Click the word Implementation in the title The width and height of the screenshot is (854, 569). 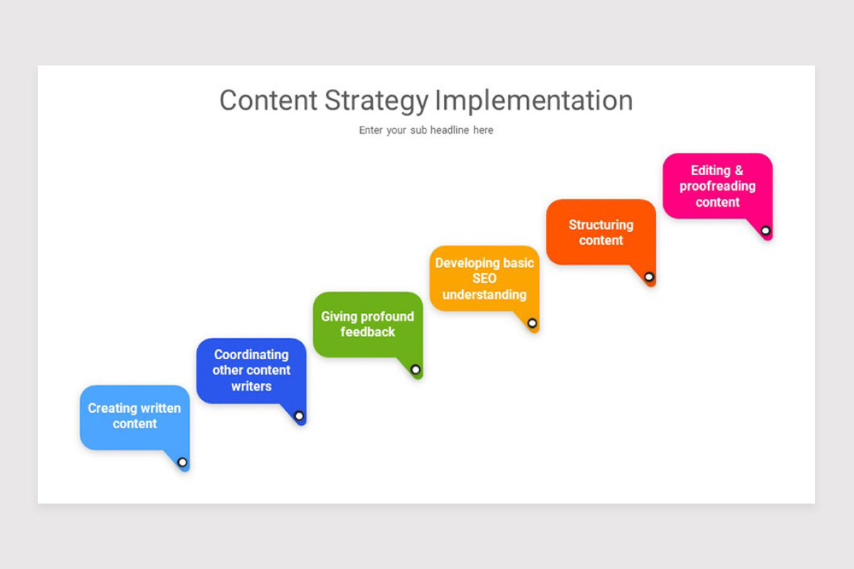[534, 101]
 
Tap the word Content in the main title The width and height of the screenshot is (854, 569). [269, 101]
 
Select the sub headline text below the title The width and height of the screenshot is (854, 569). [426, 130]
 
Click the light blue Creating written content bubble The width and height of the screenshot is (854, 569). [135, 417]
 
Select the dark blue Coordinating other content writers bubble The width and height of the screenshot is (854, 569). [251, 371]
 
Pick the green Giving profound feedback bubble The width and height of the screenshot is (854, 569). [367, 324]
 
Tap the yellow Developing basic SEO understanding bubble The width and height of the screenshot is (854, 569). [484, 278]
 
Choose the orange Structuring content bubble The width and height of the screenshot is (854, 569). [601, 232]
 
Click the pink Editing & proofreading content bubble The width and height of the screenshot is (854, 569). [717, 186]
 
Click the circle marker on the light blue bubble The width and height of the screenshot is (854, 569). [182, 462]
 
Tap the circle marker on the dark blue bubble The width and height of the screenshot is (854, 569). [299, 415]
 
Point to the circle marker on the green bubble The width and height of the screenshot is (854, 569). [416, 370]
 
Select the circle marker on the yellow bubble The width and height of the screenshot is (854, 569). [532, 323]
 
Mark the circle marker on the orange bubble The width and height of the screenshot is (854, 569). [649, 277]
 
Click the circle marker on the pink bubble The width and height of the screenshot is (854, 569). [766, 230]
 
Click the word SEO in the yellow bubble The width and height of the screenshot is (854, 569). [484, 279]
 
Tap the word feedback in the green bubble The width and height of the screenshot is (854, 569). [367, 332]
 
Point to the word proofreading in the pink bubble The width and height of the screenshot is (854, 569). [717, 186]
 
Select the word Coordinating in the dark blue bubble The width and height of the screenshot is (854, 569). [251, 354]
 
